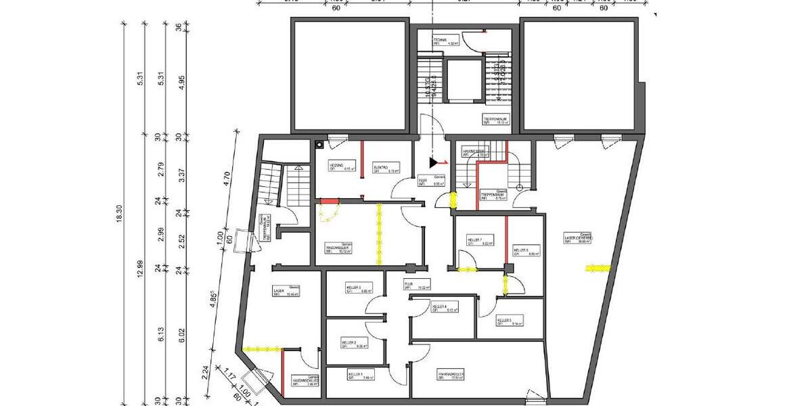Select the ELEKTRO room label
[381, 166]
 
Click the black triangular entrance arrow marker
[433, 162]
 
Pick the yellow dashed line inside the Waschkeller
[379, 227]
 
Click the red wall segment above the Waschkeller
[328, 200]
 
